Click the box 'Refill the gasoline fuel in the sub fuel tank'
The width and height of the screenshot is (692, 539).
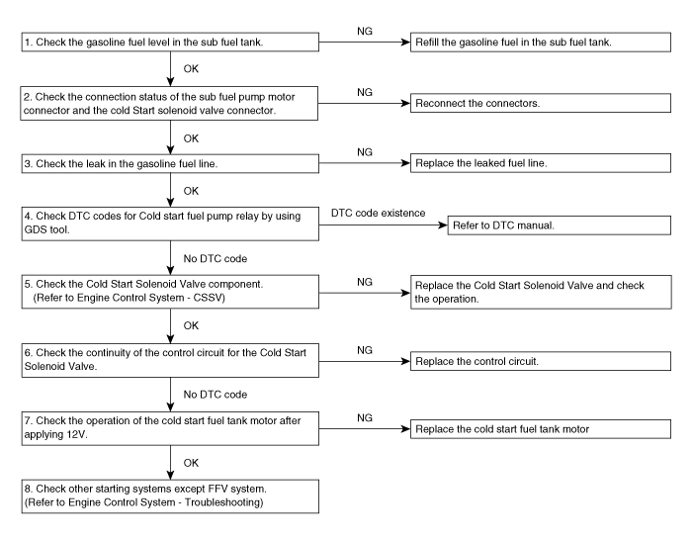[541, 42]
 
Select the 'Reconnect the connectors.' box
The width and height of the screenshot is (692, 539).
[541, 103]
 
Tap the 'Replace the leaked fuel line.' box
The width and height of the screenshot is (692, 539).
[541, 163]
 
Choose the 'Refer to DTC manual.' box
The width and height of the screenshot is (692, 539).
[560, 225]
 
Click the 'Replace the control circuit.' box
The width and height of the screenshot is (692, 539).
[541, 361]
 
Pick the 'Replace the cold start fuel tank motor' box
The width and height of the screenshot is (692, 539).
[541, 429]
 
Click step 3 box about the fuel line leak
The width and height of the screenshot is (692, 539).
[170, 163]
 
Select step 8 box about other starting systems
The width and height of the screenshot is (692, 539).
[170, 496]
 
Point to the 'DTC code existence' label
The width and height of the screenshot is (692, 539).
[379, 213]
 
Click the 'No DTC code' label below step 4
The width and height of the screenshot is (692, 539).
[216, 259]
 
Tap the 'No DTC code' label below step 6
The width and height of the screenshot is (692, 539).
[216, 395]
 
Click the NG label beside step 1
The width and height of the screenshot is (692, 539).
[365, 31]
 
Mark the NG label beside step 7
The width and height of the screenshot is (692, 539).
[365, 417]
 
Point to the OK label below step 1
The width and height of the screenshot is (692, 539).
[191, 68]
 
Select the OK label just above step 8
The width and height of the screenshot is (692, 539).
[191, 463]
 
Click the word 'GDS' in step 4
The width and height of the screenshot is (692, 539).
[34, 229]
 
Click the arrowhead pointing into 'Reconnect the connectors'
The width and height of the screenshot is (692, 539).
[405, 103]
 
